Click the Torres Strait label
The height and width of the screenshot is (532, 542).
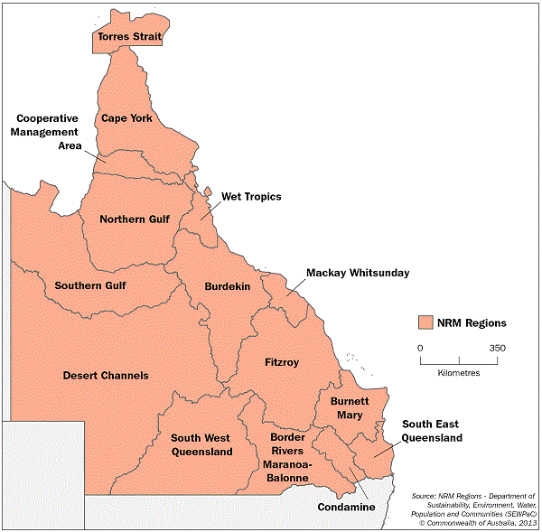click(x=129, y=38)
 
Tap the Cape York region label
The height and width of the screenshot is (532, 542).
click(x=126, y=118)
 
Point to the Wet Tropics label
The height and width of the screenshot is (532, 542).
click(x=251, y=196)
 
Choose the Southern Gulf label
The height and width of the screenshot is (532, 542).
click(x=90, y=285)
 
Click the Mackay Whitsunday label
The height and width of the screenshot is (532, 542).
click(x=358, y=272)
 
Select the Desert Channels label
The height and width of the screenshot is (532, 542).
click(x=106, y=375)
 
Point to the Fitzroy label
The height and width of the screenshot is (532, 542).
click(x=282, y=362)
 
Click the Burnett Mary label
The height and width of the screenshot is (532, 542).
click(x=346, y=407)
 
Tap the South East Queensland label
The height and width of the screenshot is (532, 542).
click(x=432, y=431)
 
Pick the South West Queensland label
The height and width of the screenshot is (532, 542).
click(x=201, y=444)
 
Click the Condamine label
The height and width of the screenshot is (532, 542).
click(x=346, y=508)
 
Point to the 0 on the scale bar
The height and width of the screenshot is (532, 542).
click(x=420, y=347)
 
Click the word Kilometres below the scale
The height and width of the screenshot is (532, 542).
click(x=458, y=372)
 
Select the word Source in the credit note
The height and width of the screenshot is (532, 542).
click(x=424, y=496)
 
